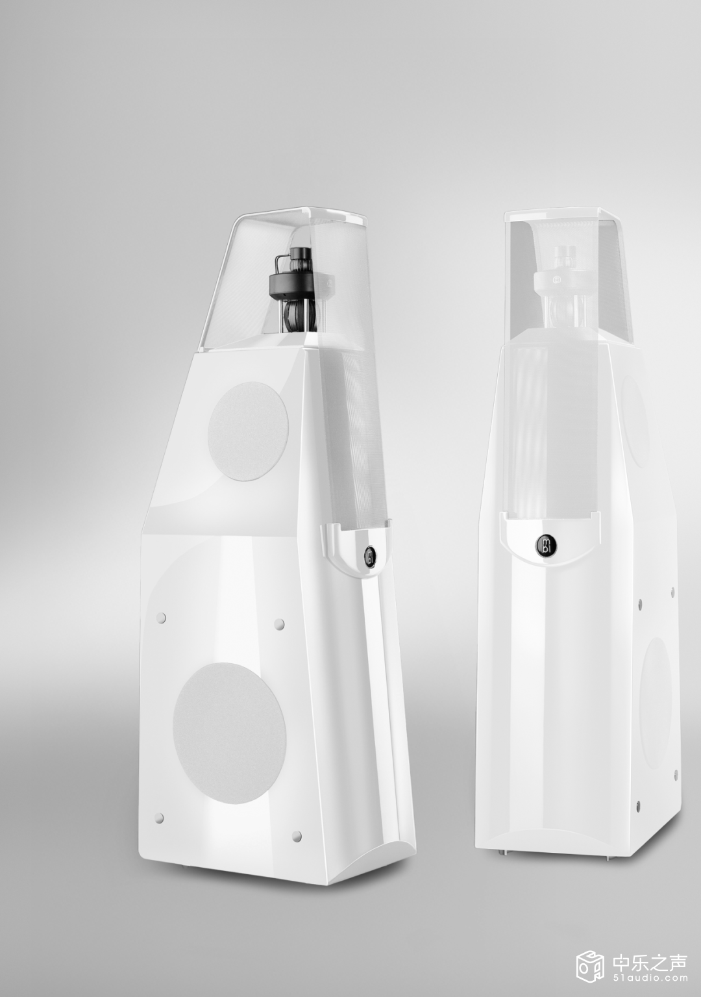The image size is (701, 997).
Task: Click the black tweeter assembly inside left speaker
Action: click(x=293, y=288)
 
